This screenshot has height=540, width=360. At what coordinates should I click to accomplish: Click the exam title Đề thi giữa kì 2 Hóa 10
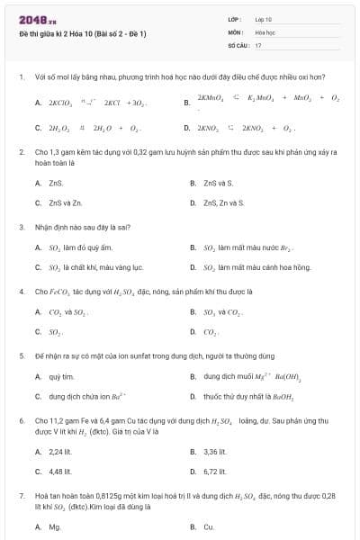81,33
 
